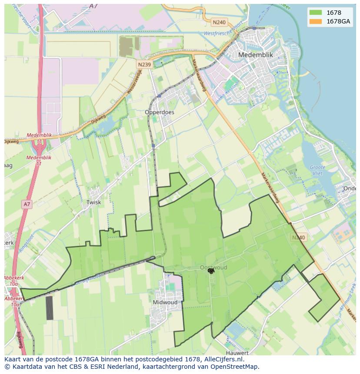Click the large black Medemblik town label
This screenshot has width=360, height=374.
pos(256,55)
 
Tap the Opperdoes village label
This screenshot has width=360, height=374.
pos(159,112)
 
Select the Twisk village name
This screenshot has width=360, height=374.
pos(93,202)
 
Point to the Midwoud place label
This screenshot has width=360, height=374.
pos(165,302)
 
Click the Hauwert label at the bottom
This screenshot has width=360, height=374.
pos(237,353)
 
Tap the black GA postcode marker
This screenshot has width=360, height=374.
pos(211,271)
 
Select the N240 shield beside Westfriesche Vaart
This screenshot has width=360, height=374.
pos(219,22)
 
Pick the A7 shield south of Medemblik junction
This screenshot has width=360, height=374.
pos(27,204)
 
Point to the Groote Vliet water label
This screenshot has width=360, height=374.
pos(317,170)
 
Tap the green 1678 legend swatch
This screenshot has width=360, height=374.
pos(316,13)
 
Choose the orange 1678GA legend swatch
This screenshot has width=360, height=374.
pos(316,21)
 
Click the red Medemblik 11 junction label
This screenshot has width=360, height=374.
pos(39,160)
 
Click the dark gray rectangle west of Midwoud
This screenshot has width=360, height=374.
pos(50,308)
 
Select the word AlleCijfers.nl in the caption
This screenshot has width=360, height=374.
pos(223,359)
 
